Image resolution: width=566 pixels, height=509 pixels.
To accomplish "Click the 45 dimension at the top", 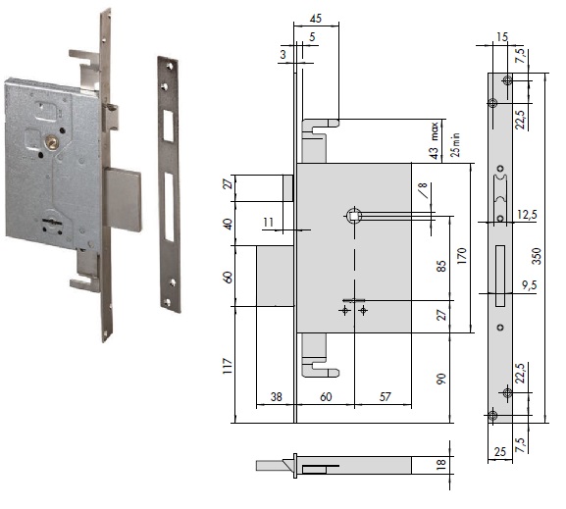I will [314, 19].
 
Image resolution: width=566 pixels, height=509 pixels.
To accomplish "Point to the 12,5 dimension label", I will [526, 215].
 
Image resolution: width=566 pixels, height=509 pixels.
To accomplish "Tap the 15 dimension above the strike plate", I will [502, 36].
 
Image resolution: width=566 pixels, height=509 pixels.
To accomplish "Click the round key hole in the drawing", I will [351, 215].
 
